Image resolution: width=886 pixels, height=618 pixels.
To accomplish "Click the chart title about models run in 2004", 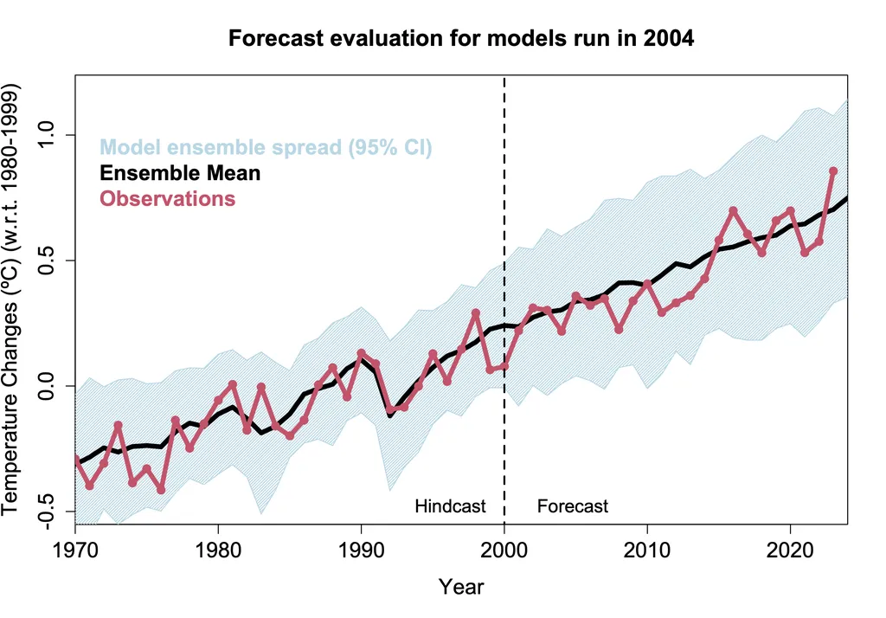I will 460,39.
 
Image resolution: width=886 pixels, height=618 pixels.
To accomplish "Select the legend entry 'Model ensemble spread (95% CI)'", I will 266,147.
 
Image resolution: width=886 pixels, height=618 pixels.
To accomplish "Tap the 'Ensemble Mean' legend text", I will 180,173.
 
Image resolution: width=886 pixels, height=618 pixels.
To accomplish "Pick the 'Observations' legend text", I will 167,198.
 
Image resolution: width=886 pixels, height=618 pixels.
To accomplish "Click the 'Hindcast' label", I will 450,506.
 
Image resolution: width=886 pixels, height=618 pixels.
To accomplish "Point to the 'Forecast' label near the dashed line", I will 573,506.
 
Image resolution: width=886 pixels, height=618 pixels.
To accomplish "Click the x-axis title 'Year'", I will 460,587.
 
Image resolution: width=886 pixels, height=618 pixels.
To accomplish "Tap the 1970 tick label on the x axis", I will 75,550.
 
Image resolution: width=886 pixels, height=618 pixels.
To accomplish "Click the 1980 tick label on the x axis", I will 218,550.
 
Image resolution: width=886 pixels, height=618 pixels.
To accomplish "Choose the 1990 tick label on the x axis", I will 361,550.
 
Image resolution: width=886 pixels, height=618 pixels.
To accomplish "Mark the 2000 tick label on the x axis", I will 504,550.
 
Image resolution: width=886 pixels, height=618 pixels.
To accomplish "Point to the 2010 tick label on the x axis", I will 647,550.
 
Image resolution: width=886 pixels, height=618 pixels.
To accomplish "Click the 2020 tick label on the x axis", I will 790,550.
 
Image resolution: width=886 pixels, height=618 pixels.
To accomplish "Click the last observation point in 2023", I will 833,171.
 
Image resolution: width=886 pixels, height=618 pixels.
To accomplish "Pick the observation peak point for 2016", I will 733,210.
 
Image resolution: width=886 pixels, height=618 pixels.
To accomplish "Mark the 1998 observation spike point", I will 476,312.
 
